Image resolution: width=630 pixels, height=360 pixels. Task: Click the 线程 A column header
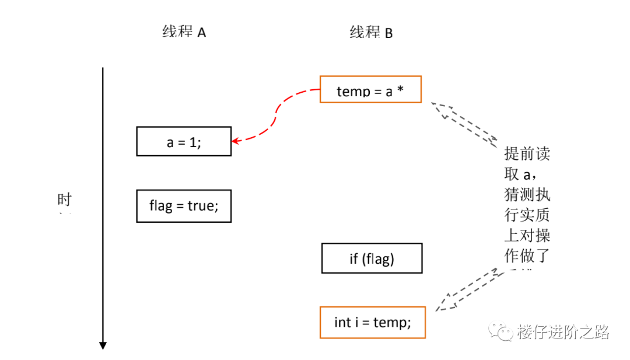click(x=184, y=32)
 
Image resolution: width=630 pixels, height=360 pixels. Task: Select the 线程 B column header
click(x=371, y=33)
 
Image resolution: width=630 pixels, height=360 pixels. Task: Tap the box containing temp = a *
click(x=370, y=89)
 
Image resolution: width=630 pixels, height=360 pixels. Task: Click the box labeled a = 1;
click(x=184, y=141)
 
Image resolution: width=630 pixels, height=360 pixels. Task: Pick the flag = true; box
click(x=184, y=206)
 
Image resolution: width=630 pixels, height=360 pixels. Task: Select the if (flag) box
click(x=372, y=258)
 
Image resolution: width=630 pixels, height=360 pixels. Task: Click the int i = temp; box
click(x=372, y=322)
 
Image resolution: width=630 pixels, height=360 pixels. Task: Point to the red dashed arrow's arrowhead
click(x=235, y=141)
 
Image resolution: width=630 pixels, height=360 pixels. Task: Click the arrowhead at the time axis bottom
click(x=103, y=345)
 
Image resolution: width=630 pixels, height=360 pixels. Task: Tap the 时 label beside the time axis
click(x=64, y=200)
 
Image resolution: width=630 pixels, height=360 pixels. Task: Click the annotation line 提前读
click(x=527, y=154)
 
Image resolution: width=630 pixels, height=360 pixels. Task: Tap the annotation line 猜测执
click(x=527, y=194)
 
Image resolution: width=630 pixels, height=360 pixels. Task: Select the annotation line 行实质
click(x=527, y=215)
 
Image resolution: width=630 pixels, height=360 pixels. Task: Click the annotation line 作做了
click(x=527, y=255)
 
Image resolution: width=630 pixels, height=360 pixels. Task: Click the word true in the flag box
click(x=201, y=206)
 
